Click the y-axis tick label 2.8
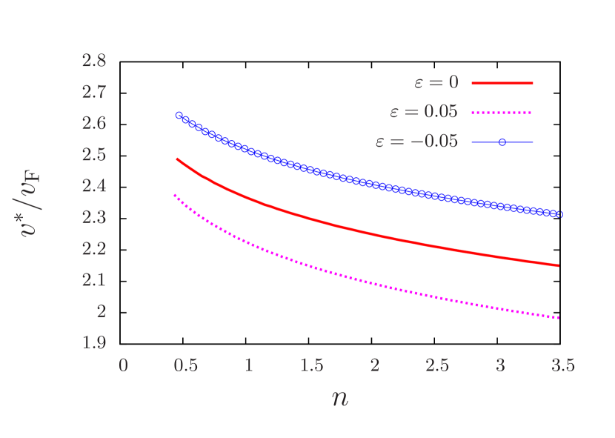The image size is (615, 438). point(93,61)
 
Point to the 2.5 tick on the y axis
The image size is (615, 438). point(93,155)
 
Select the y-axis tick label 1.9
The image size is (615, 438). point(93,342)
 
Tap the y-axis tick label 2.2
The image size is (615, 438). point(93,249)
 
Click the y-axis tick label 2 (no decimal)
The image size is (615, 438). point(101,311)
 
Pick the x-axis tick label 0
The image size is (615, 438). point(123,365)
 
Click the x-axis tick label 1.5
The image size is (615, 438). point(311,365)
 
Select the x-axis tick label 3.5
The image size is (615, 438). point(563,365)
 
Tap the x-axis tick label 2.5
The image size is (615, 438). point(437,365)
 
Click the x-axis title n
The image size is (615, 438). point(339,398)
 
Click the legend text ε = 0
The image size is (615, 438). point(436,83)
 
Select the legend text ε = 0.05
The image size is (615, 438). point(424,113)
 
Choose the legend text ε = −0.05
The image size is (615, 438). point(416,142)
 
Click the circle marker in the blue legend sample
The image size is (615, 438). point(502,142)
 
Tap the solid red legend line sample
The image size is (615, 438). point(502,84)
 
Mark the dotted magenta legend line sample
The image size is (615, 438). point(502,113)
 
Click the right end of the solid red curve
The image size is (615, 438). point(559,265)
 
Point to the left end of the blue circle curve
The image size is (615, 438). point(179,115)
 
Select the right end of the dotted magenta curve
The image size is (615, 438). point(559,317)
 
